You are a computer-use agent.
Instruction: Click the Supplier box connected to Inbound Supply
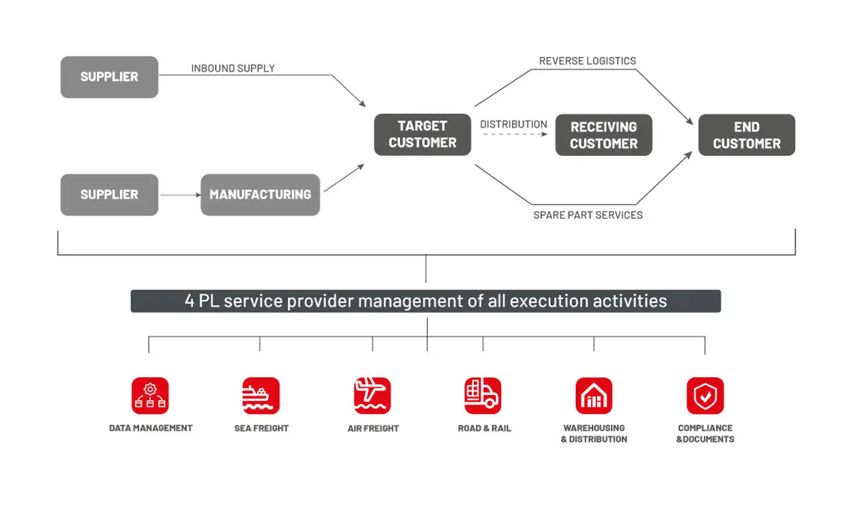(109, 77)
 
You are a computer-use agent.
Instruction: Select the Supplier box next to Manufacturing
(109, 195)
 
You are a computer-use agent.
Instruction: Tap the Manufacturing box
(260, 195)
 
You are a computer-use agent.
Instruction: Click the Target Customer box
(422, 134)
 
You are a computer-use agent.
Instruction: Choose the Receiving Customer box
(604, 135)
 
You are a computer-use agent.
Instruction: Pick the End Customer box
(746, 135)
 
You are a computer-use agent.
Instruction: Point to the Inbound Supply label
(233, 69)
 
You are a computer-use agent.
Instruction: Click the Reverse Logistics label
(587, 61)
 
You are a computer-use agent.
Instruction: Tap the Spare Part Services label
(587, 215)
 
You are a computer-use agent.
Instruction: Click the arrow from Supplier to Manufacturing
(180, 195)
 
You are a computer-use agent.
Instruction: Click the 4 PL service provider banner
(426, 301)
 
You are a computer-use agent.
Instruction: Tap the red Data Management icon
(150, 395)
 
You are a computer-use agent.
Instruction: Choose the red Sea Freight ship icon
(261, 395)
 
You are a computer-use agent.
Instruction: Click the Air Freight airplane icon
(372, 395)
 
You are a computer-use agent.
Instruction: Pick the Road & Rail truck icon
(483, 395)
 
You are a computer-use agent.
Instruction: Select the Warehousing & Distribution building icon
(594, 395)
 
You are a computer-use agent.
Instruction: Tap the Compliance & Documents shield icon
(705, 395)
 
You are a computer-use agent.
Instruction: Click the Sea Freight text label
(261, 428)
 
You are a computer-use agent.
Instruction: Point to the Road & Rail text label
(484, 428)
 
